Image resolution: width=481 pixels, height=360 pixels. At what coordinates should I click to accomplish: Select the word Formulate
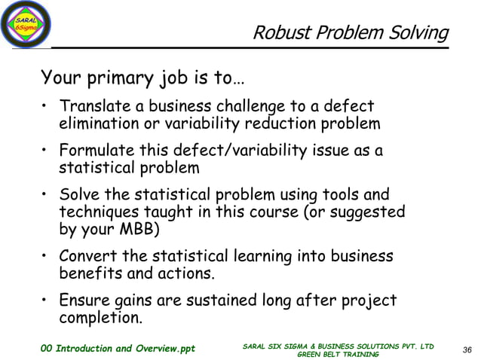pyautogui.click(x=98, y=151)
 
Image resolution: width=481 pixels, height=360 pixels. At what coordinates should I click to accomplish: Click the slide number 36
pyautogui.click(x=467, y=349)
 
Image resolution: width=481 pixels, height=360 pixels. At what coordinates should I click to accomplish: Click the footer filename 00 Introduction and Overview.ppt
pyautogui.click(x=118, y=349)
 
